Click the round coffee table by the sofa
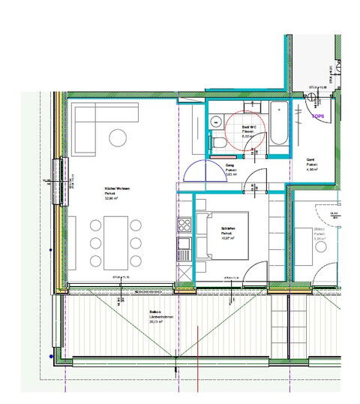click(x=118, y=137)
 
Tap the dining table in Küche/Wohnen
click(x=115, y=243)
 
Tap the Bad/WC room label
click(x=247, y=129)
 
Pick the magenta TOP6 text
click(x=319, y=116)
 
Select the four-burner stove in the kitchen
click(x=183, y=225)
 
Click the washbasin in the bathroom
click(x=214, y=118)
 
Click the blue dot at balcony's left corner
click(x=50, y=355)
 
